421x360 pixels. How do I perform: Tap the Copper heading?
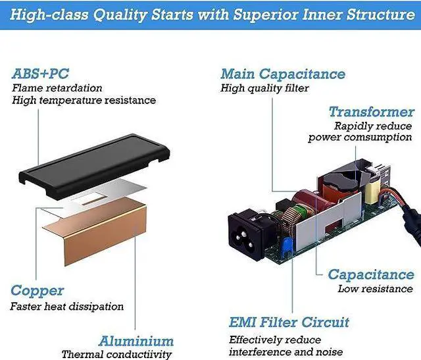coord(37,290)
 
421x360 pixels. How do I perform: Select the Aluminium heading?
coord(136,341)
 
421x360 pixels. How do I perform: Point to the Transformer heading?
coord(372,112)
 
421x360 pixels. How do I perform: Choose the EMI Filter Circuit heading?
coord(289,322)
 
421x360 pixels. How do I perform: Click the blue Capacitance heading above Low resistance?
coord(371,274)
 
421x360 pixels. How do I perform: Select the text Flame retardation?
coord(57,88)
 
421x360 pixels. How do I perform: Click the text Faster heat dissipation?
coord(66,306)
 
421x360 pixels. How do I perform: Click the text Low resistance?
coord(375,289)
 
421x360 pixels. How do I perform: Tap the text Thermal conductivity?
coord(116,354)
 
